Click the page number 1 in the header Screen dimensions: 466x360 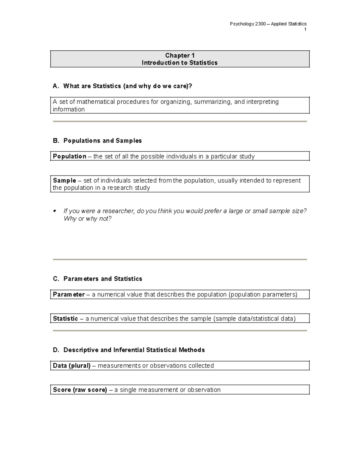(x=305, y=29)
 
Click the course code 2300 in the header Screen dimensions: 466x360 (x=260, y=24)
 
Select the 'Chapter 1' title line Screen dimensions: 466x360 (x=180, y=56)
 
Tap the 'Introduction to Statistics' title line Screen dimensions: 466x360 (x=179, y=63)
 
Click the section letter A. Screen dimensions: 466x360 (x=55, y=86)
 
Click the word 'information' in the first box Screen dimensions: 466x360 (x=69, y=110)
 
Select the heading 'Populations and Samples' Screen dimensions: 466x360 (x=103, y=141)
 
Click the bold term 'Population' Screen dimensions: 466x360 (x=70, y=156)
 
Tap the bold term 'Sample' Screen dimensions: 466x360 (x=64, y=181)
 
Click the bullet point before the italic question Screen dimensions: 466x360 (x=55, y=211)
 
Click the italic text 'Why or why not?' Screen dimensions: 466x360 (x=87, y=219)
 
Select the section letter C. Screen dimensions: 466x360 (x=55, y=279)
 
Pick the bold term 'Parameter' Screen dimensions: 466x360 (x=69, y=295)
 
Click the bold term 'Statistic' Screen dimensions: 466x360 (x=65, y=319)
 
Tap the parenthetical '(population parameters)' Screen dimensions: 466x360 (x=263, y=295)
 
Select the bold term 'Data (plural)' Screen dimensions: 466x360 (x=72, y=366)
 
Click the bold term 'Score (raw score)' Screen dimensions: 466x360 (x=80, y=390)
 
